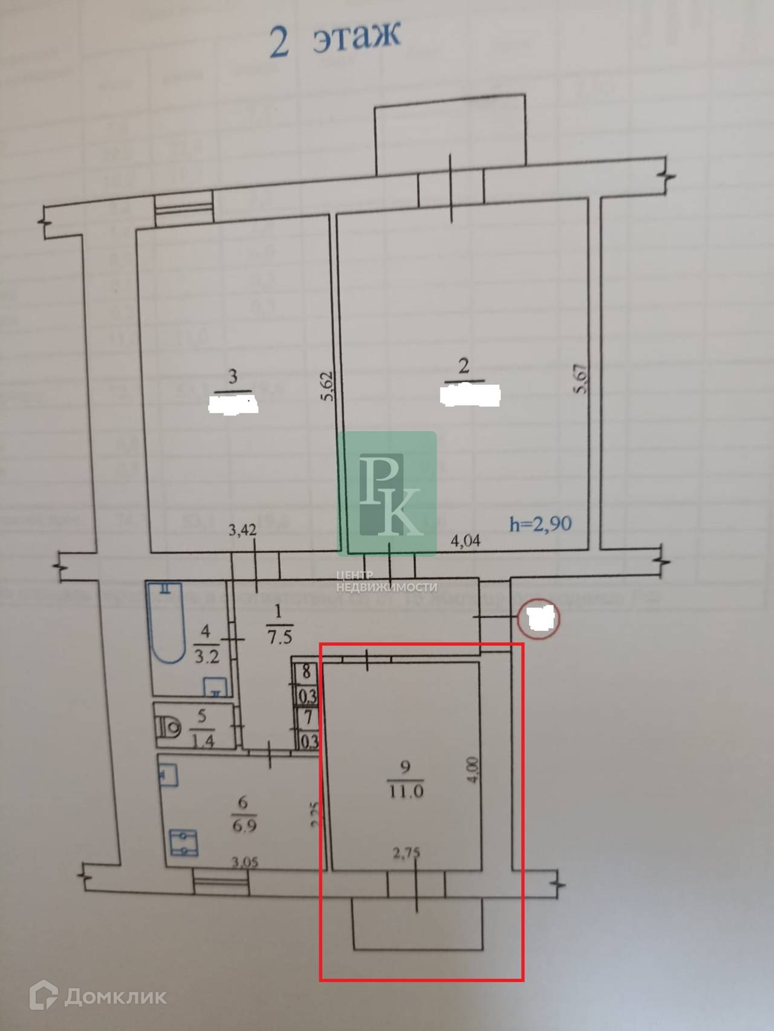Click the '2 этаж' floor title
[x=334, y=39]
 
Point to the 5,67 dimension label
[x=582, y=379]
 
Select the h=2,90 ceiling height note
[x=540, y=523]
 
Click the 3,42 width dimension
[x=242, y=530]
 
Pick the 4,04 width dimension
[x=466, y=540]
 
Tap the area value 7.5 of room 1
[x=279, y=636]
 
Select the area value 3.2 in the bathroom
[x=206, y=656]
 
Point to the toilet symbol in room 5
[x=169, y=726]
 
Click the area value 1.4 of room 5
[x=202, y=740]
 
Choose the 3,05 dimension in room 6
[x=244, y=862]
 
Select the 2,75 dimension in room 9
[x=406, y=853]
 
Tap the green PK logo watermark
[x=387, y=493]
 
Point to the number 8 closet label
[x=307, y=670]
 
